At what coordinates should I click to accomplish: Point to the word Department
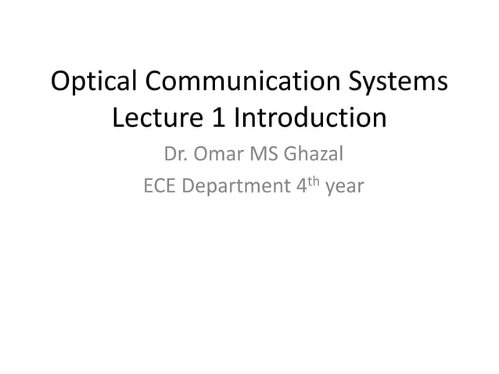[234, 189]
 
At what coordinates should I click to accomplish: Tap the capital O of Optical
[61, 82]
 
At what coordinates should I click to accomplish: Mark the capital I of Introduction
[239, 119]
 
